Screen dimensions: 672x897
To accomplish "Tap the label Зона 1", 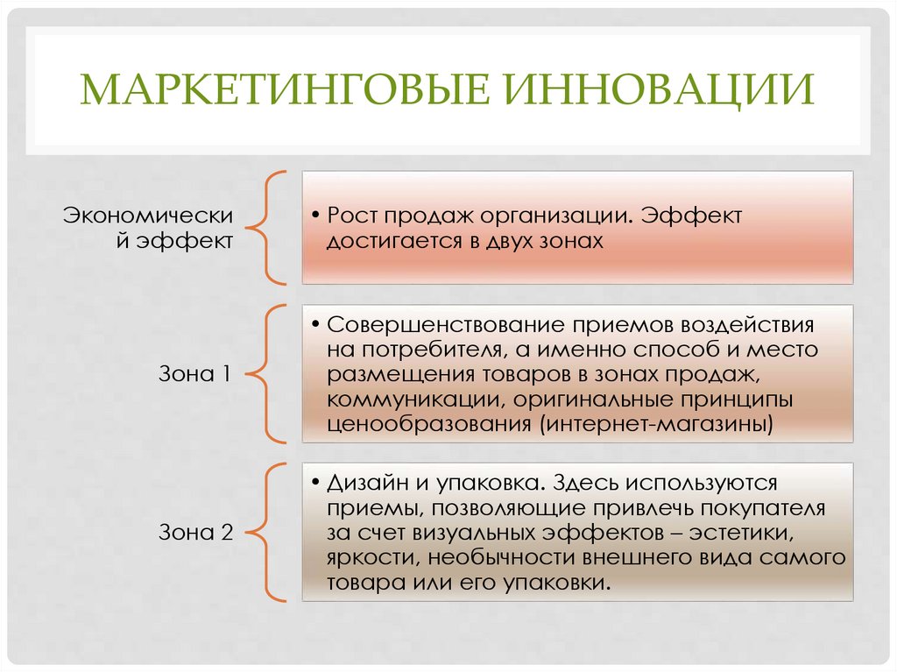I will point(195,374).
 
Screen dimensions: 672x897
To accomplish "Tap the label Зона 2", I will point(195,532).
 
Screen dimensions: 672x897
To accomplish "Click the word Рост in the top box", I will point(351,216).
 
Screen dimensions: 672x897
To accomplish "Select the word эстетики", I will point(752,533).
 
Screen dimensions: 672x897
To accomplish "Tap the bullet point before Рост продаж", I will point(314,216).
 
